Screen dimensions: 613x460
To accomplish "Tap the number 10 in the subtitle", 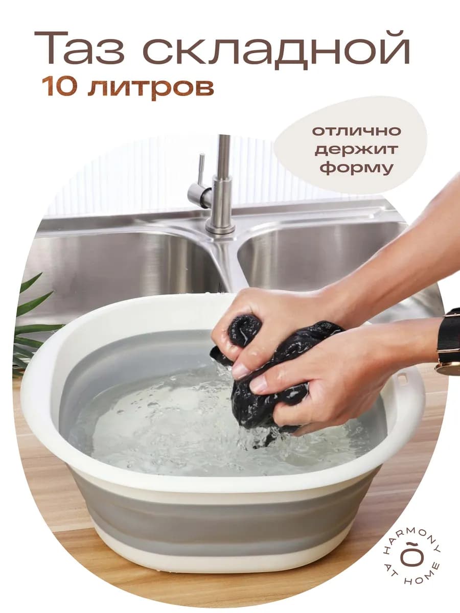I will click(60, 87).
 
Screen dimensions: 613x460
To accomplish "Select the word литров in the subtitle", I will click(150, 87).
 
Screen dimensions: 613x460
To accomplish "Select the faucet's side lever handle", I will click(200, 186).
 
